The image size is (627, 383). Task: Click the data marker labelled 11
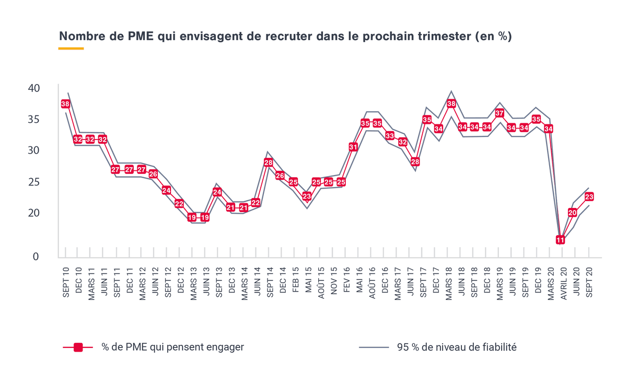coord(560,240)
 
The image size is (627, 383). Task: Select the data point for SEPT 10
coord(65,104)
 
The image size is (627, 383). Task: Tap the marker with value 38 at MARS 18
coord(451,103)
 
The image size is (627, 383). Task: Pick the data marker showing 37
coord(500,113)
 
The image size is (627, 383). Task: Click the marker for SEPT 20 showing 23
coord(589,197)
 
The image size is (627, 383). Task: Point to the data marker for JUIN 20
coord(573,213)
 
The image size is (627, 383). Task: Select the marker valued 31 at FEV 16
coord(353,147)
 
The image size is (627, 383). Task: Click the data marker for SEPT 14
coord(269,163)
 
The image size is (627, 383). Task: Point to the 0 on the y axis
coord(36,257)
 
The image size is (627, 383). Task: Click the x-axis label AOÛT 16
coord(373,282)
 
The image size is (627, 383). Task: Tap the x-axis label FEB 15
coord(296,282)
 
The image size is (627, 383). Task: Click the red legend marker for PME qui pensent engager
coord(78,347)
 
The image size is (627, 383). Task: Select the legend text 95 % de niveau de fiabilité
coord(457,347)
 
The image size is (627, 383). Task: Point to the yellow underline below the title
coord(71,49)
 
